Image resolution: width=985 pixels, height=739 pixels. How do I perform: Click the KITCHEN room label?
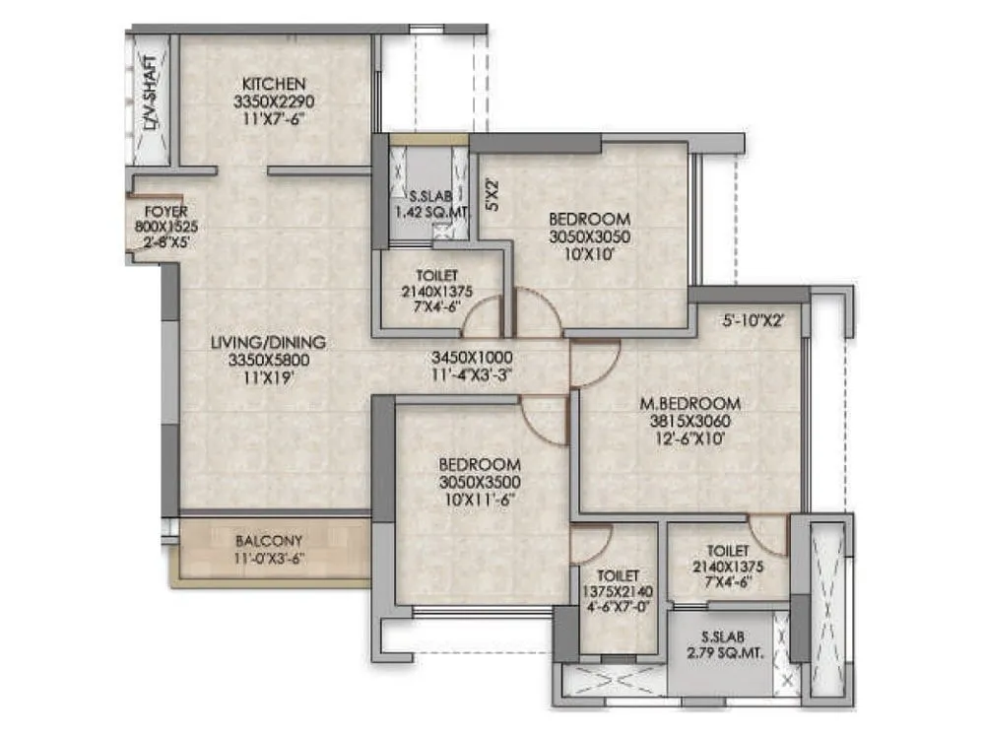[274, 84]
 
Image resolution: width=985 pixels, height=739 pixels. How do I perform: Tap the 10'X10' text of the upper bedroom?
[589, 254]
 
